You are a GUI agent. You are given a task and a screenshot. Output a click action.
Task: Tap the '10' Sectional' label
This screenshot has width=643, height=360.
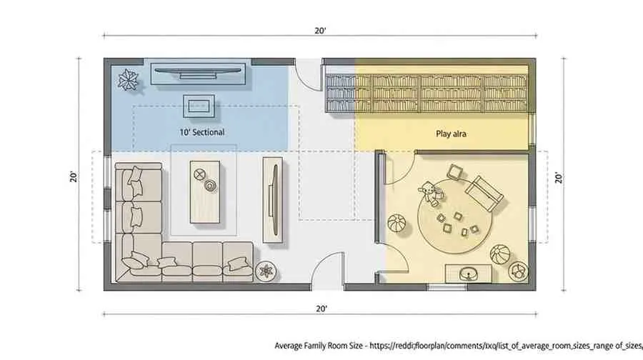click(x=201, y=132)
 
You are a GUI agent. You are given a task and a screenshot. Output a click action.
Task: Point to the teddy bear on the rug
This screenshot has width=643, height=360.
click(x=428, y=192)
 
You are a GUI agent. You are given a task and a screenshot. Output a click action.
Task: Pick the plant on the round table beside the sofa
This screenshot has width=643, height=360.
click(x=265, y=272)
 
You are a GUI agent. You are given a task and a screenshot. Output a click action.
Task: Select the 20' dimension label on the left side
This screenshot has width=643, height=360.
click(x=74, y=175)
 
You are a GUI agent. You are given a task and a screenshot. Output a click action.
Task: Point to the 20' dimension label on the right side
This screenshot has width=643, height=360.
click(x=558, y=175)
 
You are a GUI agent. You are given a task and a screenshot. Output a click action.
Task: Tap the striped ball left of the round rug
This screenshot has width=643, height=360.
click(x=396, y=224)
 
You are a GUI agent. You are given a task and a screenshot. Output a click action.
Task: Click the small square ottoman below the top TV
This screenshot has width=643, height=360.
click(x=197, y=106)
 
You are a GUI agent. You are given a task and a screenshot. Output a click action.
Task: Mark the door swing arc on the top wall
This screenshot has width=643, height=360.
click(x=308, y=74)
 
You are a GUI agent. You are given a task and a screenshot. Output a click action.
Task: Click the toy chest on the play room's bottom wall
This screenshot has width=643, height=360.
click(x=469, y=273)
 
